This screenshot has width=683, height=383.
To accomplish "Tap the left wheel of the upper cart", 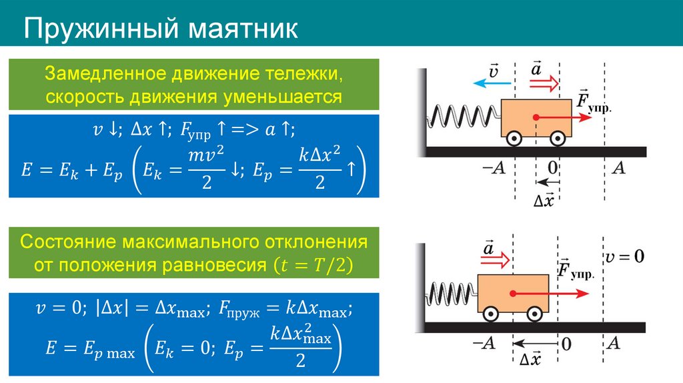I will [x=514, y=138].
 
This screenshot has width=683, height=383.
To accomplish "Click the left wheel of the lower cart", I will [x=490, y=313].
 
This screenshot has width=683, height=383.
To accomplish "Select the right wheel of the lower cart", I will [x=534, y=313].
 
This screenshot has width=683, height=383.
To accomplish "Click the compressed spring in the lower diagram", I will [x=452, y=292].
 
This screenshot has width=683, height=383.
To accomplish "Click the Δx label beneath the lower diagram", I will [x=530, y=359].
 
